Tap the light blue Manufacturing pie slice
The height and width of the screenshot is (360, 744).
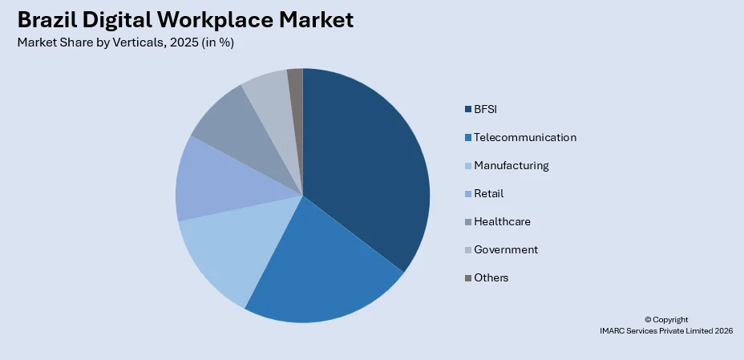pos(228,249)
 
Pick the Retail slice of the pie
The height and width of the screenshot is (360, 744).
pos(212,180)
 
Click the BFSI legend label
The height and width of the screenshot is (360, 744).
pos(486,109)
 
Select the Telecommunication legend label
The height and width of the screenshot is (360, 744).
pos(524,137)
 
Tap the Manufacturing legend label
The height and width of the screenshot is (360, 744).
pos(511,165)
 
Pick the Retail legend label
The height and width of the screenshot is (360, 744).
pos(488,193)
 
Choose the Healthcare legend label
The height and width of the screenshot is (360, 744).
pos(502,221)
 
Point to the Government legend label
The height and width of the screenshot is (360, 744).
pos(505,249)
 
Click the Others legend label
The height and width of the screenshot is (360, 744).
pos(491,277)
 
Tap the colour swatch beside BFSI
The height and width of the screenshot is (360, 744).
pos(467,110)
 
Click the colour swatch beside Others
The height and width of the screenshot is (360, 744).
pos(467,278)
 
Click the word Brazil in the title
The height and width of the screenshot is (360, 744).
pos(49,19)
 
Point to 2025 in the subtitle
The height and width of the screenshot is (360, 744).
pos(175,42)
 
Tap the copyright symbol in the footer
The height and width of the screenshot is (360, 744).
pos(648,320)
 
